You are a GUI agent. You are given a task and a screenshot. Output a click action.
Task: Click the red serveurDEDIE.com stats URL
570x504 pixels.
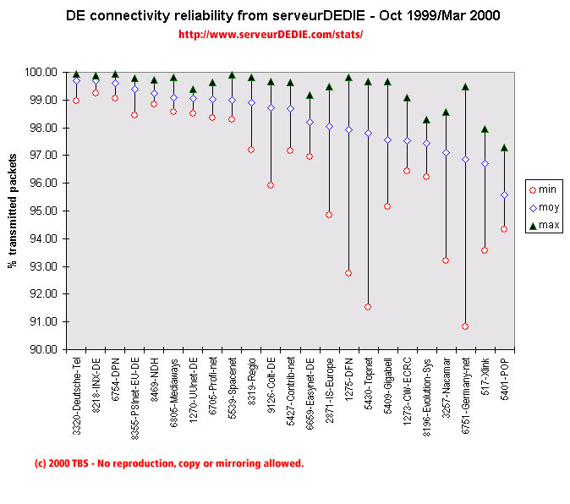point(271,35)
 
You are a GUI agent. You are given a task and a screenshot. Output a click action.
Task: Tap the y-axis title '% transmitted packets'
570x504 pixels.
point(13,211)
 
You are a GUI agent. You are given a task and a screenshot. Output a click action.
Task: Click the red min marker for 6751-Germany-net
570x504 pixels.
point(465,326)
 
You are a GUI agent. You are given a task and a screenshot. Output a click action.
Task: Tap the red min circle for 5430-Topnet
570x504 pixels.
point(368,307)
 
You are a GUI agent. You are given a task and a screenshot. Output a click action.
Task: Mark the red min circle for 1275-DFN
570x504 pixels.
point(348,273)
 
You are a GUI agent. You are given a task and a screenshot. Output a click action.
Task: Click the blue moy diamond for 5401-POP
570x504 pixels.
point(504,195)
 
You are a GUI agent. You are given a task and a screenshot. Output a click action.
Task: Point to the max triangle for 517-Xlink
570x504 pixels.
point(485,129)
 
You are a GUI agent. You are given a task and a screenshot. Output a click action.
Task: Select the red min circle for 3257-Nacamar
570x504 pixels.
point(446,260)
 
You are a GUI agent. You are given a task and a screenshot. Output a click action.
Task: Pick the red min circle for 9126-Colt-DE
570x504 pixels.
point(271,185)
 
